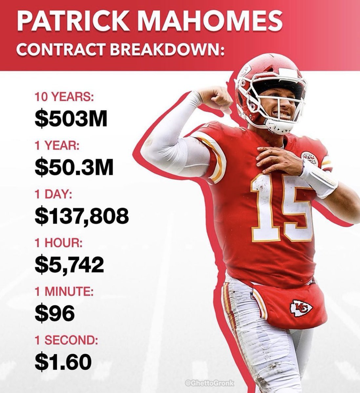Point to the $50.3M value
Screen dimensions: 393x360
click(x=74, y=168)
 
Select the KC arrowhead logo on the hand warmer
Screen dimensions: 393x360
click(x=301, y=308)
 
